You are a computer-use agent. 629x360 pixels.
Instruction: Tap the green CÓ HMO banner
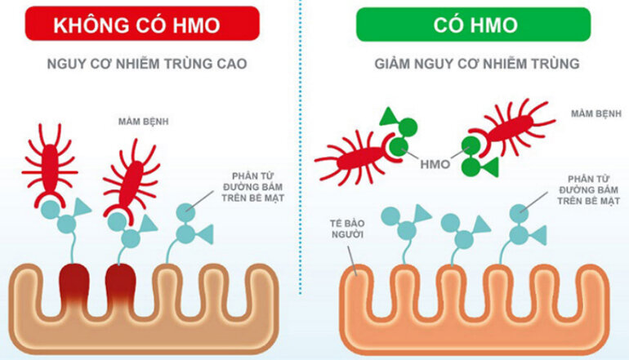pos(473,24)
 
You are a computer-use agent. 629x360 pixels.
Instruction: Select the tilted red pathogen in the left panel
pos(131,176)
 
